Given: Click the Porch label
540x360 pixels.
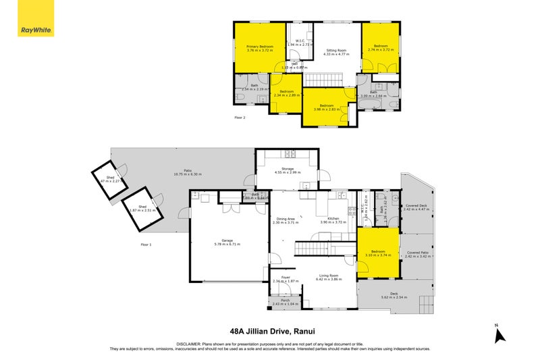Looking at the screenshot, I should pos(283,301).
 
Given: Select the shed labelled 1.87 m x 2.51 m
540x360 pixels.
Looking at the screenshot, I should pos(142,209).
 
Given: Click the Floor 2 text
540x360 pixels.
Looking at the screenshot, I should pos(240,118).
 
